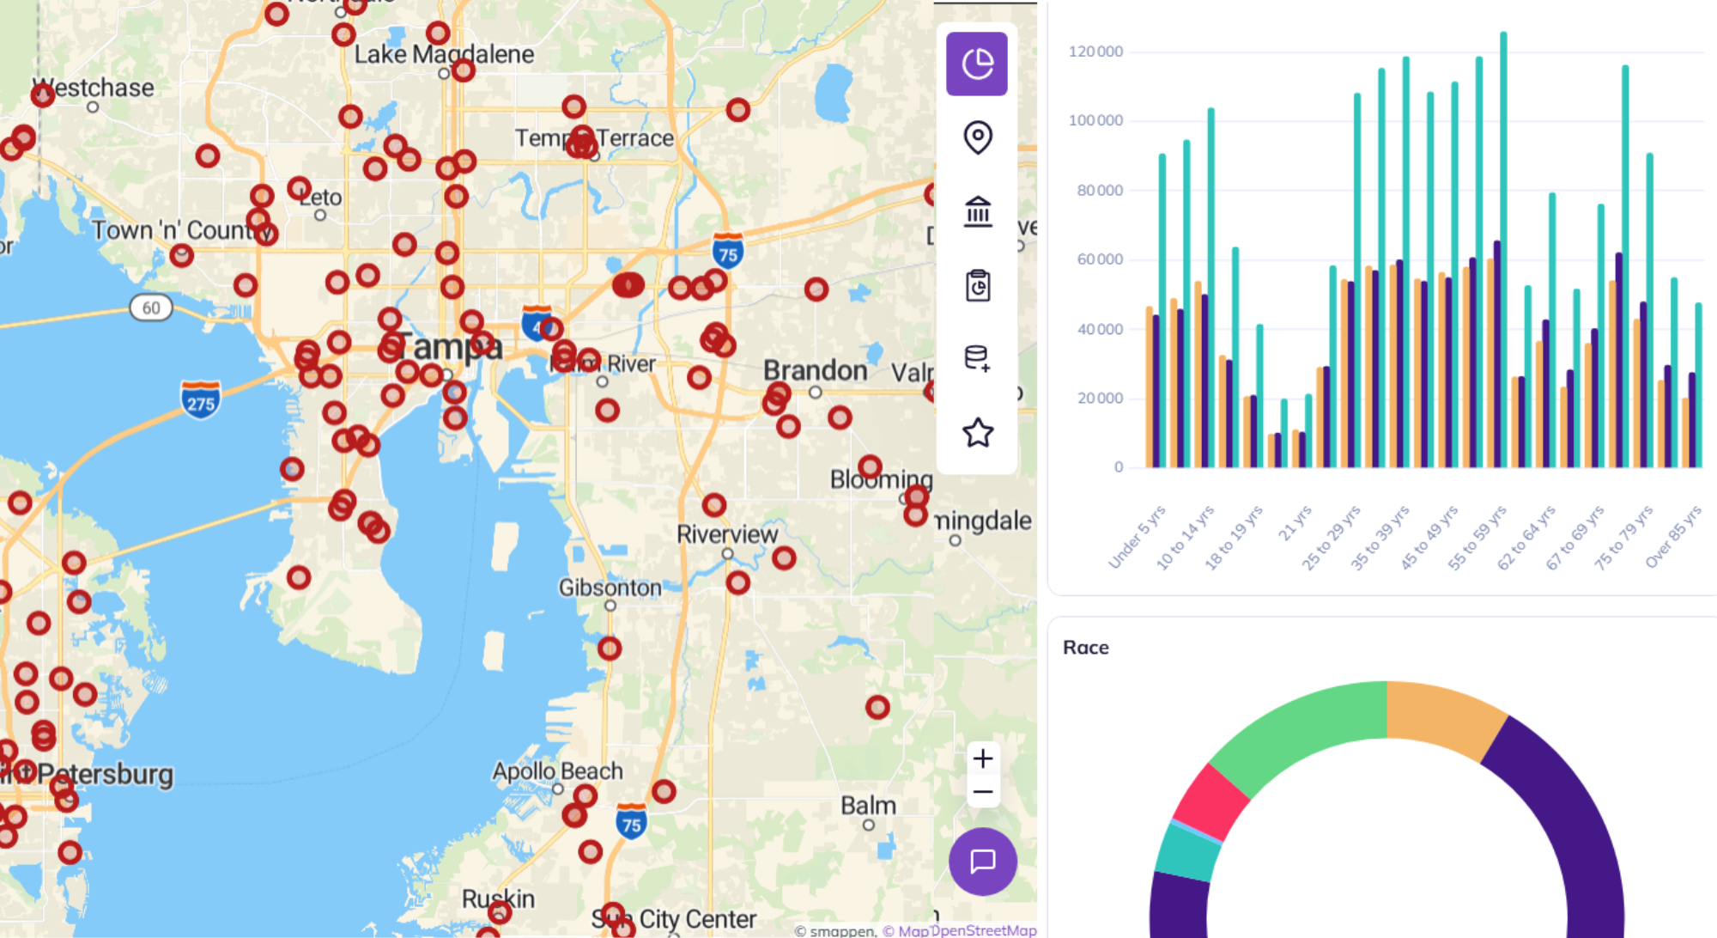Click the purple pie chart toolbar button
(977, 64)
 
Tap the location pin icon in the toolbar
(977, 137)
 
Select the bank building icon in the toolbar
(977, 211)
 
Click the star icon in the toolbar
(977, 432)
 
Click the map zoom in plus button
(983, 758)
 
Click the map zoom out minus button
(983, 792)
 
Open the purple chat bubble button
(983, 861)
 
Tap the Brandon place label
(815, 370)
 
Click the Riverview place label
(726, 534)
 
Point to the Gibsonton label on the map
(610, 588)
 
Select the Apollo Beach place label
(557, 770)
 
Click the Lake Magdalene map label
(444, 54)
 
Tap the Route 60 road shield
(151, 308)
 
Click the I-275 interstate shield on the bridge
(201, 400)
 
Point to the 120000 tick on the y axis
(1095, 52)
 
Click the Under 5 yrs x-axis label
(1138, 538)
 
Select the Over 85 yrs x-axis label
(1673, 538)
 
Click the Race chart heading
(1085, 648)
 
